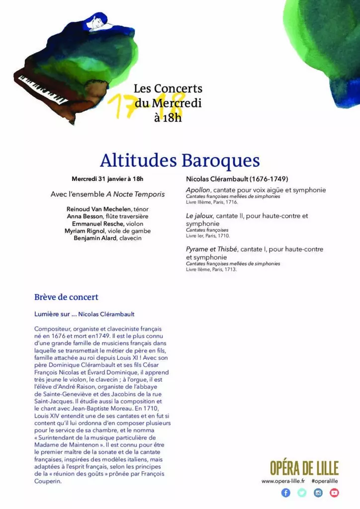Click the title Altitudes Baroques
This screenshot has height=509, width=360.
180,161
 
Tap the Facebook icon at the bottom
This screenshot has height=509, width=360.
286,493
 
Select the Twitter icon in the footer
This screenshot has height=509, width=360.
302,493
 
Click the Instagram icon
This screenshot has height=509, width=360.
318,493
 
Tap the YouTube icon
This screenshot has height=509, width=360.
334,493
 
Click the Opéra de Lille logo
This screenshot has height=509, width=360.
304,468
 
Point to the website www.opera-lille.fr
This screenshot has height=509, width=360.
283,481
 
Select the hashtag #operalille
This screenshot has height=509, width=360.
325,481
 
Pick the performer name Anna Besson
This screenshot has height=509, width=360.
86,216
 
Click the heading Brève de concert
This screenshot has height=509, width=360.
66,297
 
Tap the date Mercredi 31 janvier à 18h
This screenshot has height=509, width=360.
107,179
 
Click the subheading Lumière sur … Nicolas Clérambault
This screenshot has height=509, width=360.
84,314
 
